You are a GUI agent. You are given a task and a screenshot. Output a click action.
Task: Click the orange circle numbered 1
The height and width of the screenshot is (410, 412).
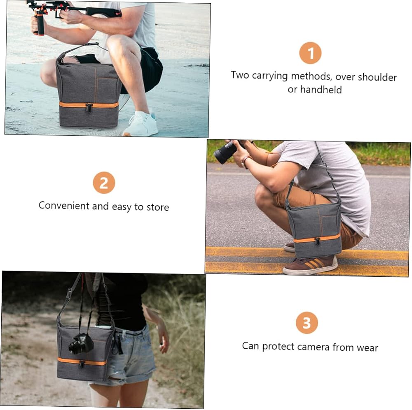click(x=310, y=53)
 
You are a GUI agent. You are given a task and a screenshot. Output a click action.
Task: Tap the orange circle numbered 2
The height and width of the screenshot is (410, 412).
click(x=104, y=183)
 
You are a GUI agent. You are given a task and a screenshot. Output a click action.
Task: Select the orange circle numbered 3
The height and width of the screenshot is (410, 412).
click(x=307, y=323)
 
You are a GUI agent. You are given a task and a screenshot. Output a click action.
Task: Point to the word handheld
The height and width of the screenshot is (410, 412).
click(x=321, y=90)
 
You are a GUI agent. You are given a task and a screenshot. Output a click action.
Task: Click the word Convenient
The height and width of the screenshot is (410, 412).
click(x=64, y=205)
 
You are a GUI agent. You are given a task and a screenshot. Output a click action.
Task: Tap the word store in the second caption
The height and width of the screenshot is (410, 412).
click(x=158, y=207)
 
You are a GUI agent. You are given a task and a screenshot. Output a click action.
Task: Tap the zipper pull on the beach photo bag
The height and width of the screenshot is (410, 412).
click(x=89, y=108)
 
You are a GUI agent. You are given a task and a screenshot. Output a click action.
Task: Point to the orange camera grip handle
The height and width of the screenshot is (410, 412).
click(x=40, y=23)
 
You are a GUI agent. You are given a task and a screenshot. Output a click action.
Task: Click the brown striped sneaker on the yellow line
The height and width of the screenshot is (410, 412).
click(x=310, y=265)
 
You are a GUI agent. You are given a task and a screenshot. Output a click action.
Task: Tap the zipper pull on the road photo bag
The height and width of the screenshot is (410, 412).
click(x=317, y=241)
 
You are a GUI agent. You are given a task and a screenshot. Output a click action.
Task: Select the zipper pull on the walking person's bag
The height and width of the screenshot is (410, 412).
click(x=82, y=364)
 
